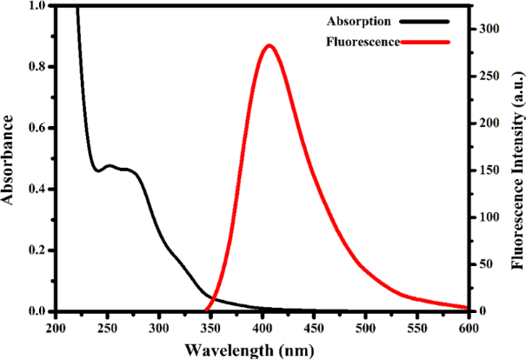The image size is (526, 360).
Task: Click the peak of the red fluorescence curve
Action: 269,46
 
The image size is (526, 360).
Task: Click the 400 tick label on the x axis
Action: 262,327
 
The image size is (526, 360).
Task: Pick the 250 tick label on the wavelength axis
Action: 107,327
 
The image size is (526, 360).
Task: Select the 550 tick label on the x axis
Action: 416,327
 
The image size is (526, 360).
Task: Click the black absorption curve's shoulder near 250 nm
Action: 110,165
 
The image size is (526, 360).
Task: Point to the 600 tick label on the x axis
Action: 468,327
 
